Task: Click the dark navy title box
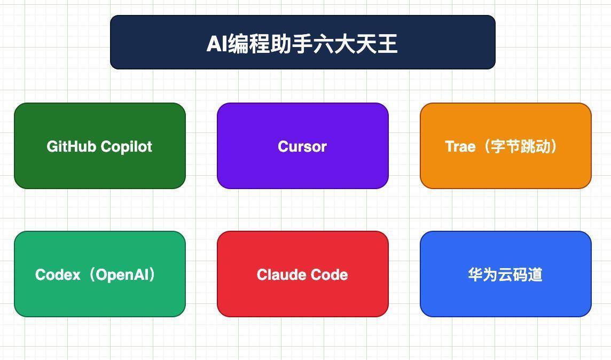tap(303, 43)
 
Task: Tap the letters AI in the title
tap(217, 43)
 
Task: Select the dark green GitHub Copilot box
tap(100, 146)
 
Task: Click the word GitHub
tap(72, 146)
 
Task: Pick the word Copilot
tap(126, 146)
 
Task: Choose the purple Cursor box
tap(303, 146)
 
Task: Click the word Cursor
tap(302, 146)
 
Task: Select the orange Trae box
tap(506, 146)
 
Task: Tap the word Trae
tap(460, 146)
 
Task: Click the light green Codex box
tap(100, 274)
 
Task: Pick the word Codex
tap(58, 275)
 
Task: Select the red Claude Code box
tap(303, 274)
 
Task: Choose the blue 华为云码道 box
tap(506, 274)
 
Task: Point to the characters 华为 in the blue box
tap(483, 275)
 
